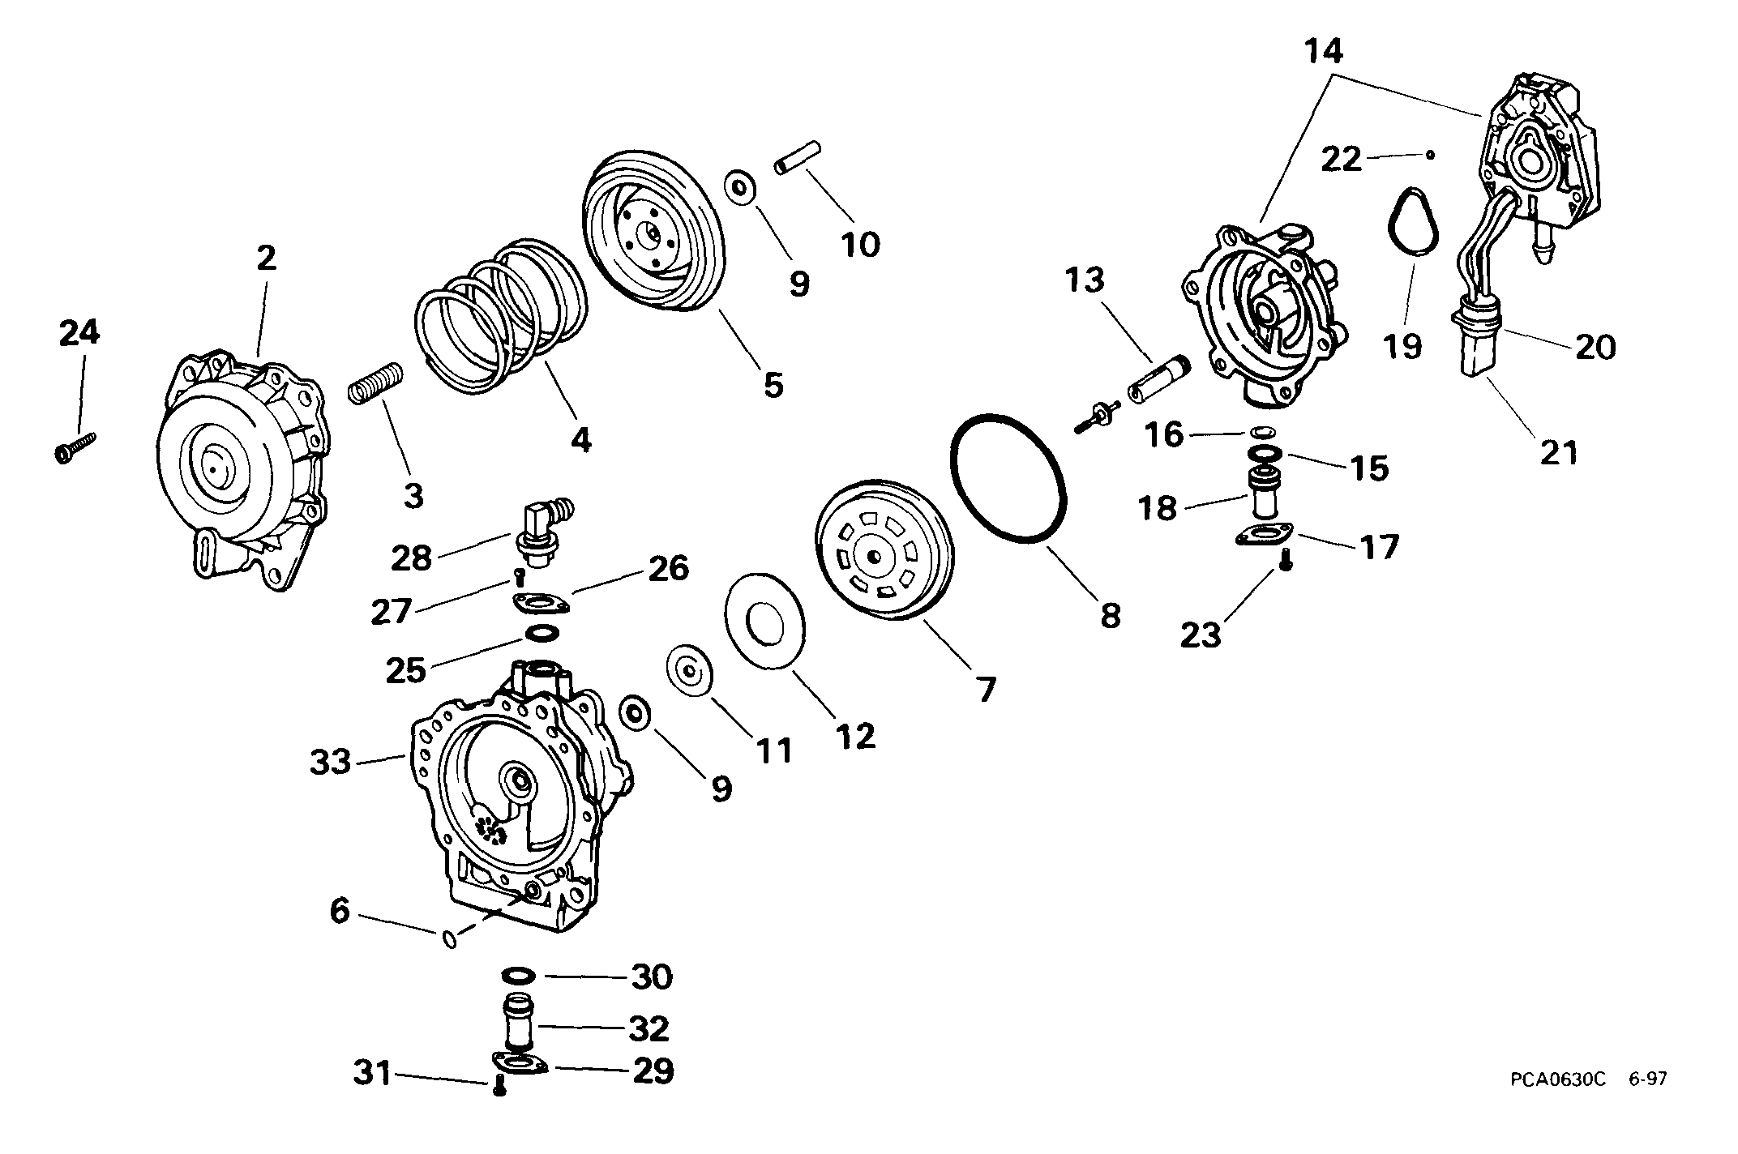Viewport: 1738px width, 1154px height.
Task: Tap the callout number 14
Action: click(1324, 51)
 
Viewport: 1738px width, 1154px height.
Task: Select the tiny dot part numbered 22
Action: click(1432, 153)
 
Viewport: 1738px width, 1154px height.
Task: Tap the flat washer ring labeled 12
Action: click(765, 622)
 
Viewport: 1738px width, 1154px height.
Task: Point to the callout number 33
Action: click(331, 762)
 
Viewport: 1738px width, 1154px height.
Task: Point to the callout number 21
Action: click(1560, 452)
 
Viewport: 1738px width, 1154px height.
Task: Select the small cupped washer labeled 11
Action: click(689, 671)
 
